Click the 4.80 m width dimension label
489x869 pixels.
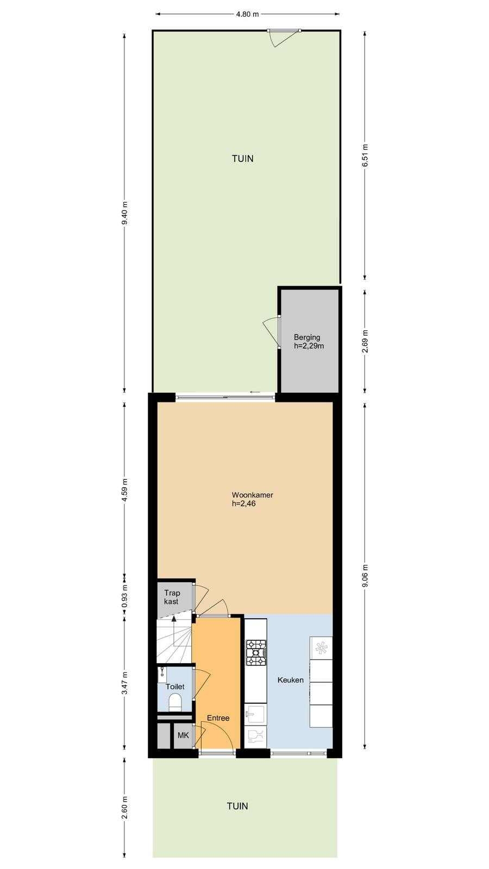coord(247,14)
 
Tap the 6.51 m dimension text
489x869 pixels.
coord(365,155)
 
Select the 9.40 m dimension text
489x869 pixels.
coord(124,213)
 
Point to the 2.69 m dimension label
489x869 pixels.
coord(365,341)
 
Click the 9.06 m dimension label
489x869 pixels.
coord(365,576)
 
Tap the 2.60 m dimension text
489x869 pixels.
coord(124,807)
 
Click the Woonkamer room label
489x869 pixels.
coord(252,495)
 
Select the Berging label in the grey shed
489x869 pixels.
coord(307,337)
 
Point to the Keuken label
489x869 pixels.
coord(290,680)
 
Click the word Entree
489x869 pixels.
coord(218,718)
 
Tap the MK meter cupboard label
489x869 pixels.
coord(183,735)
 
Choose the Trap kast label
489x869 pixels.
coord(172,597)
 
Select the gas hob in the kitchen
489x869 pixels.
coord(256,653)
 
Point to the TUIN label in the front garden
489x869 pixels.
coord(237,806)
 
